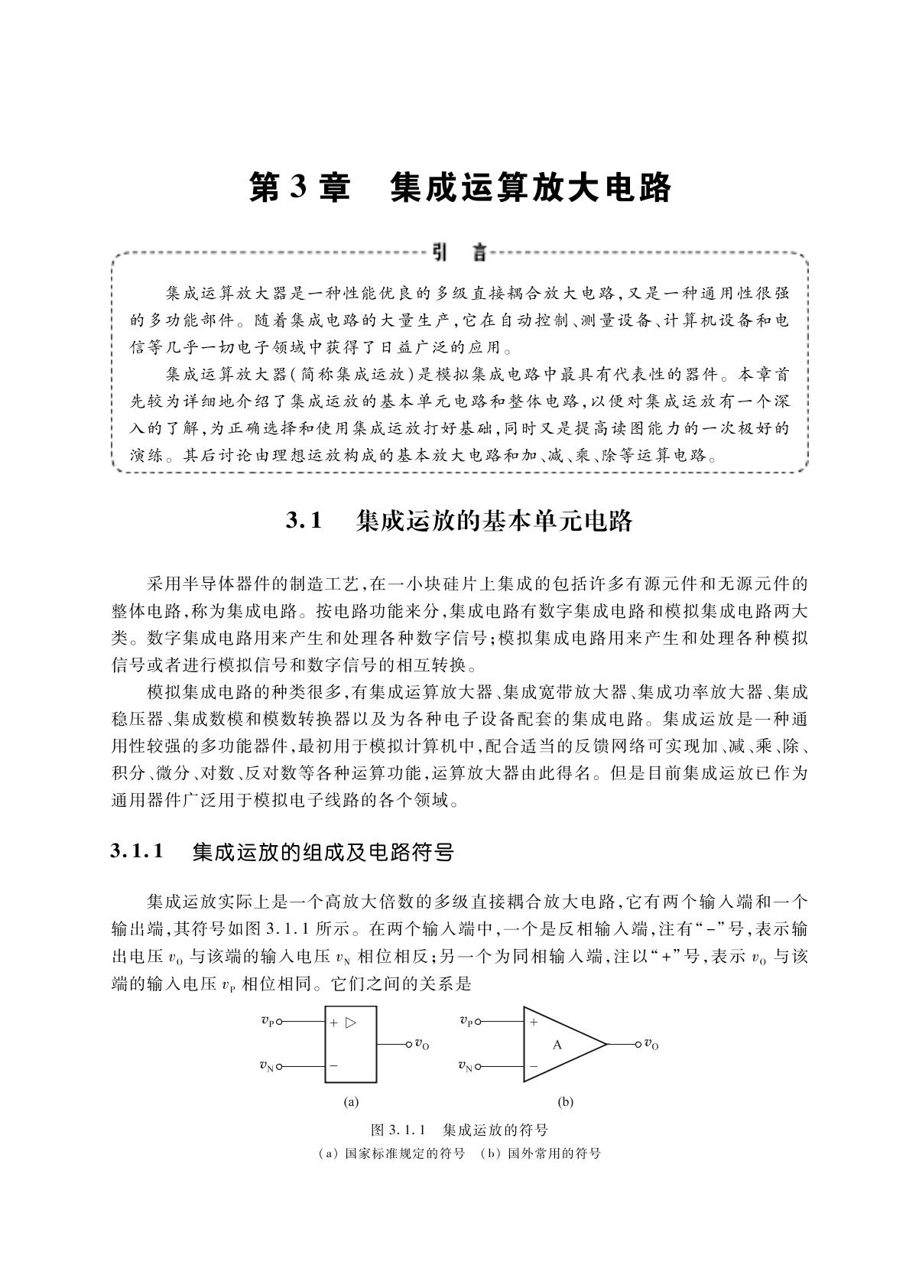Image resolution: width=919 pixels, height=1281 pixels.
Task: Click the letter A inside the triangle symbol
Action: (x=557, y=1045)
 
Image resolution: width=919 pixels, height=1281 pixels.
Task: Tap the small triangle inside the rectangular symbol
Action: (x=350, y=1022)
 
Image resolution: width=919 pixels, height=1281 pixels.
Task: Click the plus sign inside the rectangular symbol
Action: (x=334, y=1023)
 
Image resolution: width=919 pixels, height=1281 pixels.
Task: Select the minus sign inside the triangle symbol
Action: (x=534, y=1065)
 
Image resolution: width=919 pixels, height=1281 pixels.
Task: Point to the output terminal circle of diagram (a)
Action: (x=407, y=1043)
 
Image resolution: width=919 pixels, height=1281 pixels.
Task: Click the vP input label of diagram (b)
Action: (x=466, y=1021)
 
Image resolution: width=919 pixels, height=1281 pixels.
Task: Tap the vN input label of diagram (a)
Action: (x=267, y=1066)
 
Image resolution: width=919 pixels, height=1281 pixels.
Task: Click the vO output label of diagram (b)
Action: (x=651, y=1044)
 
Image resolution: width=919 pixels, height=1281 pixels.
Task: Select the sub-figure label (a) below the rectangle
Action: (x=351, y=1102)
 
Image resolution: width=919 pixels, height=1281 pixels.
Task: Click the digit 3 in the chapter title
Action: (x=299, y=188)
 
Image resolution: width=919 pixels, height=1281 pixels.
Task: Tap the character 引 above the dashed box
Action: (x=440, y=252)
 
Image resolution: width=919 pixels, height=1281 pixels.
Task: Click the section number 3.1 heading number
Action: (x=304, y=522)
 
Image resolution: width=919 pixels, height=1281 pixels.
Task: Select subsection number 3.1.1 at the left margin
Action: (x=138, y=851)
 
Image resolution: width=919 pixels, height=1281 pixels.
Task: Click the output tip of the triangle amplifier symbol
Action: (x=606, y=1044)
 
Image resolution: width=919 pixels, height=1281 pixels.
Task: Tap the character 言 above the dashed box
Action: (x=479, y=252)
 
